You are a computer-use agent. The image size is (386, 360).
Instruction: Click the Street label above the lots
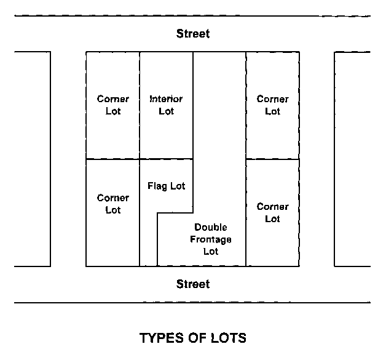193,34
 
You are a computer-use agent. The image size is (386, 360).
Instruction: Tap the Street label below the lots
193,284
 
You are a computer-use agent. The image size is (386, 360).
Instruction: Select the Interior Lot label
166,105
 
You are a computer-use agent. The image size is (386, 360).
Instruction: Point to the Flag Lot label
166,186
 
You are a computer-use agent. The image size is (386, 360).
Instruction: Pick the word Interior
166,99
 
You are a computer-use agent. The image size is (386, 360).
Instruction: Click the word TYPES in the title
160,338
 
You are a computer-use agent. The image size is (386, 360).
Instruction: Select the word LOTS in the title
227,338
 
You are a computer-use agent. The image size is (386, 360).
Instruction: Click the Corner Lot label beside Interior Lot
113,105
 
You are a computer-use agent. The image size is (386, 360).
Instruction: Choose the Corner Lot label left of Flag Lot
113,204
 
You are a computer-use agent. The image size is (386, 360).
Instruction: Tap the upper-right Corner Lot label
272,105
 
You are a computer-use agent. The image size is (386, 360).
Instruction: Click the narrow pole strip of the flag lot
148,240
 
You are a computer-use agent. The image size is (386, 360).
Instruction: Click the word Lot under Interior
166,111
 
